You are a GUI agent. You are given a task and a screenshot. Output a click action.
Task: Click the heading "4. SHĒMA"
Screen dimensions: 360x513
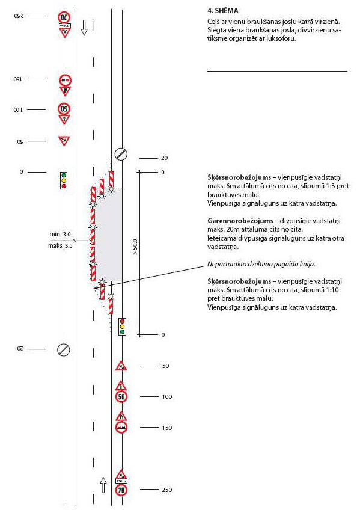(222, 11)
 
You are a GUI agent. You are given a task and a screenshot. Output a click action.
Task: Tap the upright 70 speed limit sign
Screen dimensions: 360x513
(121, 490)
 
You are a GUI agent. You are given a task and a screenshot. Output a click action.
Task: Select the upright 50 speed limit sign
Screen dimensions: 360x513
(121, 397)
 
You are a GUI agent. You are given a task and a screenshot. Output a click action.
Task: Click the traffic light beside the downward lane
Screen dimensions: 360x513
(64, 180)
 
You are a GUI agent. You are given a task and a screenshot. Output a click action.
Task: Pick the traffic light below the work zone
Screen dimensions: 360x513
(122, 326)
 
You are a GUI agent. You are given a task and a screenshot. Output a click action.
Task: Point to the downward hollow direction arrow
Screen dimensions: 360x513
(84, 28)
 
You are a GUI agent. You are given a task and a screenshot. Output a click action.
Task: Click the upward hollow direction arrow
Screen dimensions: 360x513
(103, 485)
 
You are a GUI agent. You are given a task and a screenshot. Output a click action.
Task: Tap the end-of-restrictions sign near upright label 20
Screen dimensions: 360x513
(121, 154)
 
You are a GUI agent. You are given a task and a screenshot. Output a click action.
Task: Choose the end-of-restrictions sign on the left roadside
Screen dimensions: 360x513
(64, 350)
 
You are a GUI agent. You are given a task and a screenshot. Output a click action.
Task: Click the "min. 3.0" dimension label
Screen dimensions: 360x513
(60, 235)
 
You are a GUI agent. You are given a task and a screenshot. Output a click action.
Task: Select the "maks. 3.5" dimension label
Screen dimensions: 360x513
(60, 245)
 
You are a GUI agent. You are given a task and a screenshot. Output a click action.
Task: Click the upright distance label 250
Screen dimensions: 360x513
(166, 490)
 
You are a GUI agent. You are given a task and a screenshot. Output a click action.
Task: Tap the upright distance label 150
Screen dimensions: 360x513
(166, 428)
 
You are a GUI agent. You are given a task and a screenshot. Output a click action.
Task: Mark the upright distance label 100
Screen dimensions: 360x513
(166, 396)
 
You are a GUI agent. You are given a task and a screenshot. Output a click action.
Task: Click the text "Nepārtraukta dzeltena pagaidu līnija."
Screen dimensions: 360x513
(261, 264)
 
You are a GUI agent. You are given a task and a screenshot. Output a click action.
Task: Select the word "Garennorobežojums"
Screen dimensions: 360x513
(240, 221)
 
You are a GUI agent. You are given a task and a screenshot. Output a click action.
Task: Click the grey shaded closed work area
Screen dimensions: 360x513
(109, 235)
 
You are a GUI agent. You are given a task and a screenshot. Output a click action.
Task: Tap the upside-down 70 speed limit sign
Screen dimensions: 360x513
(64, 17)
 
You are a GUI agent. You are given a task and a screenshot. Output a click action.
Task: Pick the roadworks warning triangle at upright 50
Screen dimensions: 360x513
(121, 366)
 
